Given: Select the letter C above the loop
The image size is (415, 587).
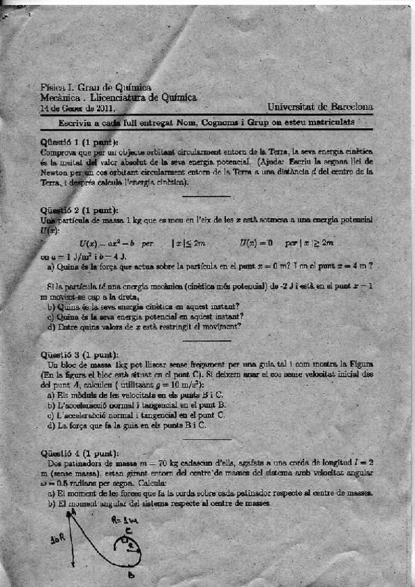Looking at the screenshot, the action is (x=129, y=531).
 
